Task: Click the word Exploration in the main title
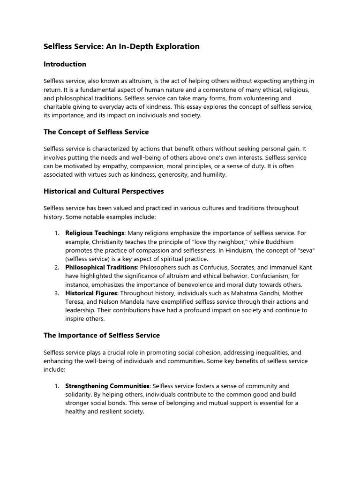click(x=176, y=46)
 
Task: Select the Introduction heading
click(x=65, y=64)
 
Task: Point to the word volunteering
click(x=272, y=98)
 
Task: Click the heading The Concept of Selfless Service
click(x=96, y=132)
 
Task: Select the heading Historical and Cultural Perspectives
click(x=104, y=191)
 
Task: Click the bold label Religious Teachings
click(x=95, y=233)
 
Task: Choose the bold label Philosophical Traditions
click(x=99, y=267)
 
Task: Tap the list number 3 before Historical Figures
click(x=56, y=293)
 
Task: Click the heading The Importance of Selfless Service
click(x=102, y=335)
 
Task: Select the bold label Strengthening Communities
click(x=107, y=386)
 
